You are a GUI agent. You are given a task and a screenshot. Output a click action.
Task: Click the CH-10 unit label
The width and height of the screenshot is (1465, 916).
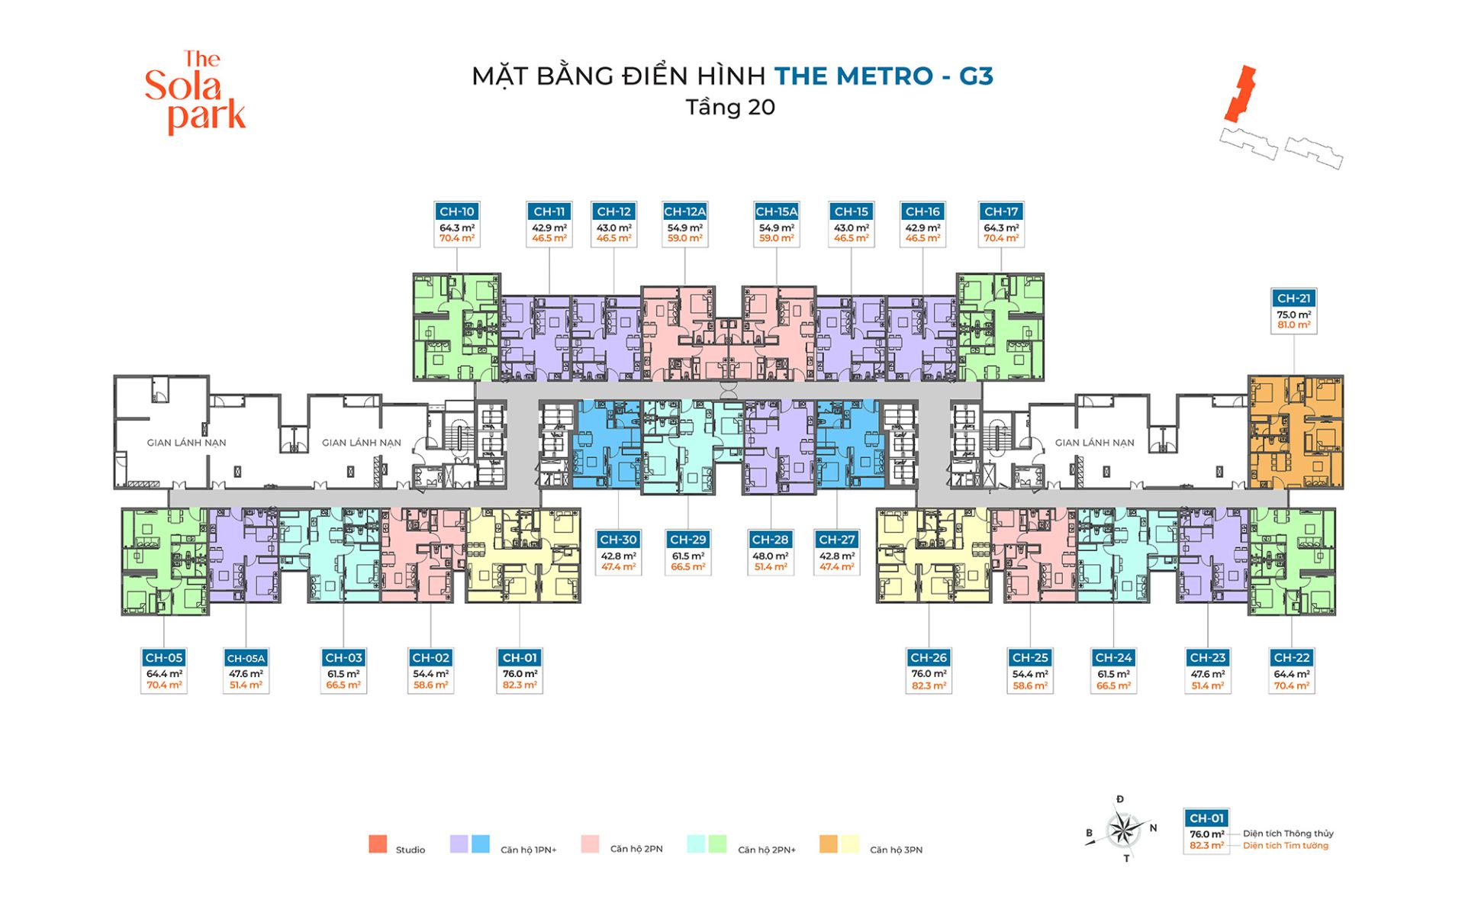[457, 211]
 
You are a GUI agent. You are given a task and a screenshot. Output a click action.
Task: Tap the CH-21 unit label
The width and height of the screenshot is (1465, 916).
[1294, 298]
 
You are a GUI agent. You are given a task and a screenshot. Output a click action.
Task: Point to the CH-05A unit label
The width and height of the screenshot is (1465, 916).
[246, 658]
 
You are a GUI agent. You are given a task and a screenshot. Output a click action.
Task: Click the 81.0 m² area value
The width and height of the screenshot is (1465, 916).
[1294, 325]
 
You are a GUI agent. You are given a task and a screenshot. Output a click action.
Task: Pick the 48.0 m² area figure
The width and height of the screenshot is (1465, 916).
[770, 556]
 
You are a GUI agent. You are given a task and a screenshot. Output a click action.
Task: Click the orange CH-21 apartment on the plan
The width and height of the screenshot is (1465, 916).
[1296, 432]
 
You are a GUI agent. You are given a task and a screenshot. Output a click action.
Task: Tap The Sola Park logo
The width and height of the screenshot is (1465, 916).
[195, 92]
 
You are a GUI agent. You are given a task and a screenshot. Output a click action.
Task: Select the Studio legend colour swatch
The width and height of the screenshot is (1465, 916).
[378, 843]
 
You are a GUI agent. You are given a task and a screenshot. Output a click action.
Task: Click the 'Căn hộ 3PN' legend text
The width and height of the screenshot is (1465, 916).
[896, 850]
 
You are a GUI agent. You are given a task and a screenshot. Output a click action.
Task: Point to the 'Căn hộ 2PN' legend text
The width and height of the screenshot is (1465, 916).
[636, 849]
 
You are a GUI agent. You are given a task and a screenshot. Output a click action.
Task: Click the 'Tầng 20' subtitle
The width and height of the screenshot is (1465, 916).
[730, 107]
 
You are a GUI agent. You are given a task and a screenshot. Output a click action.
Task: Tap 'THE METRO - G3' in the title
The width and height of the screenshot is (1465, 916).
[884, 76]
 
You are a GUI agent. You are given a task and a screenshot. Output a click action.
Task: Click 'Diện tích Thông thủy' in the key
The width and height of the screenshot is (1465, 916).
[1288, 834]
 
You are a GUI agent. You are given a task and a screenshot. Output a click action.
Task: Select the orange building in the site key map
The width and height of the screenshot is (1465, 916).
[1240, 93]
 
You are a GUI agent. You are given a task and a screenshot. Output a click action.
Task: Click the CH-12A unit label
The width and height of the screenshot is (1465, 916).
[684, 211]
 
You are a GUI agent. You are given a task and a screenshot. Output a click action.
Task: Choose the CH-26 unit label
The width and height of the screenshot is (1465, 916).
[929, 658]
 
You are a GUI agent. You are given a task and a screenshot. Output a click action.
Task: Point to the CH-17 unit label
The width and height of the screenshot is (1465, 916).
[1001, 211]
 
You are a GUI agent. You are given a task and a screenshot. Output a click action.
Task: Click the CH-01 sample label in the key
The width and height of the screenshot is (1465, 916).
[1207, 818]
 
